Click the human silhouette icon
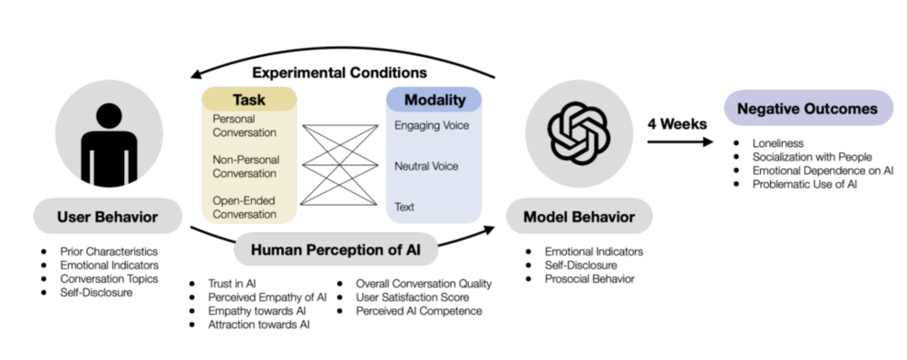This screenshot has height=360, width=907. pos(109,145)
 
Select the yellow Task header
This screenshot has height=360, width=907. pos(249,100)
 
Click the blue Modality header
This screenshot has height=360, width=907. pos(434,100)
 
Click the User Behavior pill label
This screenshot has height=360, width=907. pos(108,217)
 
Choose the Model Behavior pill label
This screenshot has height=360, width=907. pos(579,217)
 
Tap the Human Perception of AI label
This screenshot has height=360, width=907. pos(336,250)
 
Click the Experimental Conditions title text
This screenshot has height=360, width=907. pos(340,73)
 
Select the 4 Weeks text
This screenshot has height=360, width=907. pos(677,124)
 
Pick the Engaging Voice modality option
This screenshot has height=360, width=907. pos(432,126)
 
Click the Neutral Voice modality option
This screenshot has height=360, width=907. pos(426,166)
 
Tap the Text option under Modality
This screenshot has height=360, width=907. pos(405,207)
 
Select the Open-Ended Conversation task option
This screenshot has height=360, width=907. pos(245,207)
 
